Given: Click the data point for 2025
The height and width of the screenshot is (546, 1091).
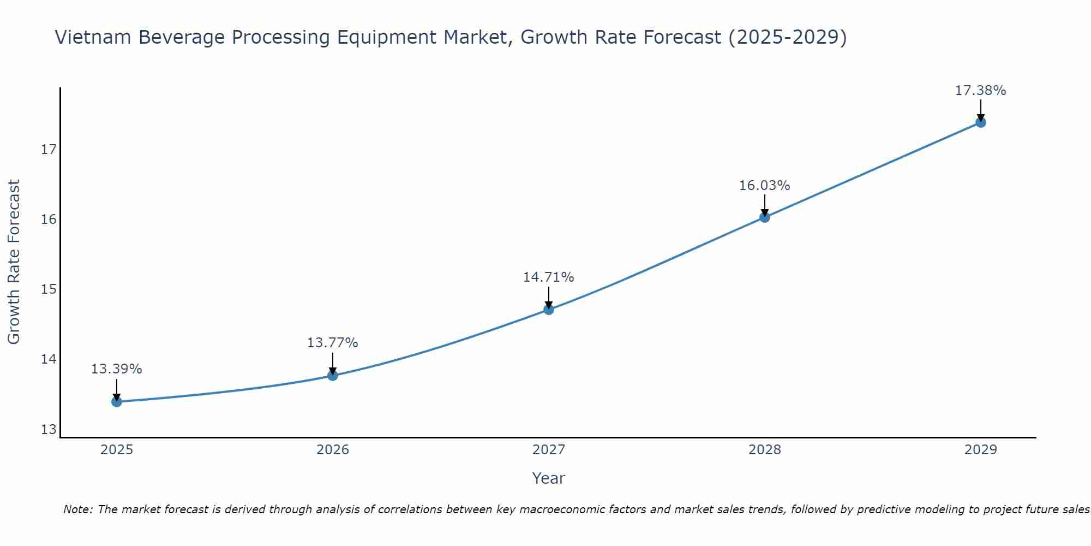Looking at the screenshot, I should click(117, 402).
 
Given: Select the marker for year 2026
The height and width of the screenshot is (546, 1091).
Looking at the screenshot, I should click(333, 375).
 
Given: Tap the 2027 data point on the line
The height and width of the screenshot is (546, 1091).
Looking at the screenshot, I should click(549, 310).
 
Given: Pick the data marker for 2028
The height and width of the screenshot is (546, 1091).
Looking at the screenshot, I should click(765, 217).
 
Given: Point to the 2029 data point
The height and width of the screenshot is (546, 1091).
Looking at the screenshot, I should click(981, 122).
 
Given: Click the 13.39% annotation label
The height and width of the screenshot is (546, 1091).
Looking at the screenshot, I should click(116, 369).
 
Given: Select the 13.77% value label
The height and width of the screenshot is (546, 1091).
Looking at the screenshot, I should click(332, 343).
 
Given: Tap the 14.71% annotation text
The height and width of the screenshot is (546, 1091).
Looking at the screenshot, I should click(548, 277).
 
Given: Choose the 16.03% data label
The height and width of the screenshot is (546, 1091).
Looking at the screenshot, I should click(764, 186).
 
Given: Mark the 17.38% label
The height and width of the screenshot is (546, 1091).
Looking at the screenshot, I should click(980, 91).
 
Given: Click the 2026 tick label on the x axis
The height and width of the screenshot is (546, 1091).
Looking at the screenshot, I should click(333, 450).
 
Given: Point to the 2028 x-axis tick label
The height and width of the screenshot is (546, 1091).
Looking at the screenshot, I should click(765, 450).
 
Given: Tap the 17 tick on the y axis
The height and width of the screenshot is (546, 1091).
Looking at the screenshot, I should click(49, 149).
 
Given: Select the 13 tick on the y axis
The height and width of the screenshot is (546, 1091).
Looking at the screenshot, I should click(49, 429).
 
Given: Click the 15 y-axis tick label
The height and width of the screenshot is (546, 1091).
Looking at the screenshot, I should click(49, 289).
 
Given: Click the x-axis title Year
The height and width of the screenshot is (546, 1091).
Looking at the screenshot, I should click(548, 478).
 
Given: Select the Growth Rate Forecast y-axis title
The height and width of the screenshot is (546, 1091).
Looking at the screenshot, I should click(14, 262).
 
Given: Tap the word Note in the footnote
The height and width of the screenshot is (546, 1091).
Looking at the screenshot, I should click(76, 509).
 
